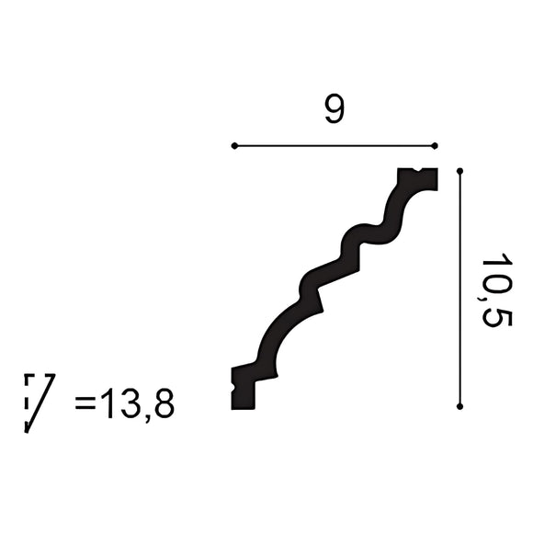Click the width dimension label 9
[x=334, y=110]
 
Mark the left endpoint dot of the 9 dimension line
[x=235, y=145]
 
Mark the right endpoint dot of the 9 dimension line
[x=435, y=145]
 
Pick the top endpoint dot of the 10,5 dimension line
[x=459, y=171]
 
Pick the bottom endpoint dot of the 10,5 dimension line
[x=459, y=405]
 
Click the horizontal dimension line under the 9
[x=335, y=145]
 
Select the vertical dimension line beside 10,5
[x=459, y=288]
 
